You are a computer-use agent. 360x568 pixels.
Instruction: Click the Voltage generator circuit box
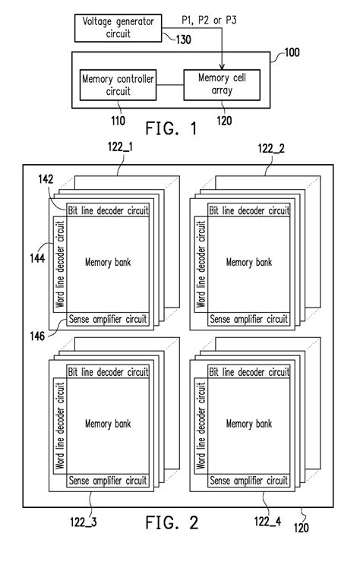tap(118, 28)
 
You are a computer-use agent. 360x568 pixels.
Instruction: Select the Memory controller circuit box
tap(118, 85)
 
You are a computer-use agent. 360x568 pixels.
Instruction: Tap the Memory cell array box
tap(222, 85)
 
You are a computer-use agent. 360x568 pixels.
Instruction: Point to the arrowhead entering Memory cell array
tap(222, 67)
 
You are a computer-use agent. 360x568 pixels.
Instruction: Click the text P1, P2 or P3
tap(209, 21)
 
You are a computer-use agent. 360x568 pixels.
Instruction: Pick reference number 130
tap(184, 39)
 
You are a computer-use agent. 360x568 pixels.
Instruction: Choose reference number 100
tap(292, 52)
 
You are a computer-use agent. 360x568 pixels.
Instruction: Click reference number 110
tap(118, 120)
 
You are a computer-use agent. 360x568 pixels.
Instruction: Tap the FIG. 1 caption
tap(172, 128)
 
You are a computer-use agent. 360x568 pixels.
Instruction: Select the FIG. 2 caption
tap(172, 522)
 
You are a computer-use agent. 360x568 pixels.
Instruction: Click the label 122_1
tap(120, 147)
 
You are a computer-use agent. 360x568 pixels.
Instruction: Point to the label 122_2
tap(271, 148)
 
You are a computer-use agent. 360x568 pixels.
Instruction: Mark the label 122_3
tap(84, 522)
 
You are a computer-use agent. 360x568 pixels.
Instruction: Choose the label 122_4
tap(267, 521)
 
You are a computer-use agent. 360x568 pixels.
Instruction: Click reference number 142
tap(46, 179)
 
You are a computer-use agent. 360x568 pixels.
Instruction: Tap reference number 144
tap(37, 258)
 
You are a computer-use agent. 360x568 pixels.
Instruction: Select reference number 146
tap(37, 336)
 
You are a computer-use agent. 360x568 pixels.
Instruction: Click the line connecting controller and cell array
tap(170, 85)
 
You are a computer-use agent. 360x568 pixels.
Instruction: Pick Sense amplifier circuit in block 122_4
tap(249, 481)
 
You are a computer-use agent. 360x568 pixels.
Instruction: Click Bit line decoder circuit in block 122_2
tap(249, 210)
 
